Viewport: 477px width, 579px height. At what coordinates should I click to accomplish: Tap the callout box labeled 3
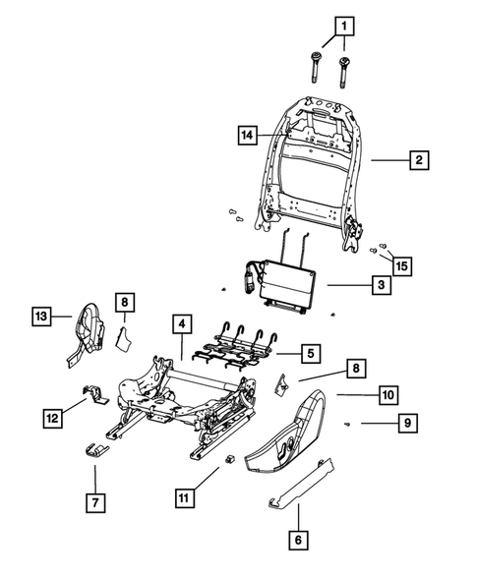click(x=378, y=285)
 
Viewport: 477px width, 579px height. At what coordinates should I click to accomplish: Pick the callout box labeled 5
click(x=309, y=352)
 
